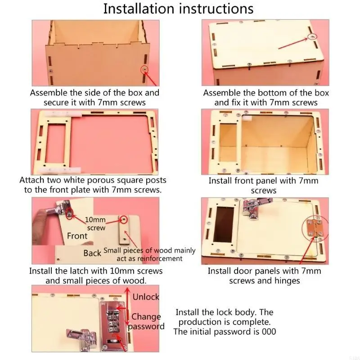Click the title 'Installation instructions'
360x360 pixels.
click(178, 9)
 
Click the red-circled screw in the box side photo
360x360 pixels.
click(144, 69)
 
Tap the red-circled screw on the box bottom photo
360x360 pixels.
click(311, 36)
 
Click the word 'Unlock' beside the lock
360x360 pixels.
click(146, 297)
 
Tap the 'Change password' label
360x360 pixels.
click(146, 321)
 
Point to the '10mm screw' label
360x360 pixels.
click(96, 224)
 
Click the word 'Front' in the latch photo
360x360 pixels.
click(77, 236)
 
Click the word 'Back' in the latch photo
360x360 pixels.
click(92, 253)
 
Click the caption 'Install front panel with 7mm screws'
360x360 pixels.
click(264, 185)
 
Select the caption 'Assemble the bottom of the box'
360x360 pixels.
click(266, 93)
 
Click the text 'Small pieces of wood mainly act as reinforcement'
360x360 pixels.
click(149, 254)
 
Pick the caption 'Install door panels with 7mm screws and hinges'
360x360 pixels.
click(264, 275)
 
